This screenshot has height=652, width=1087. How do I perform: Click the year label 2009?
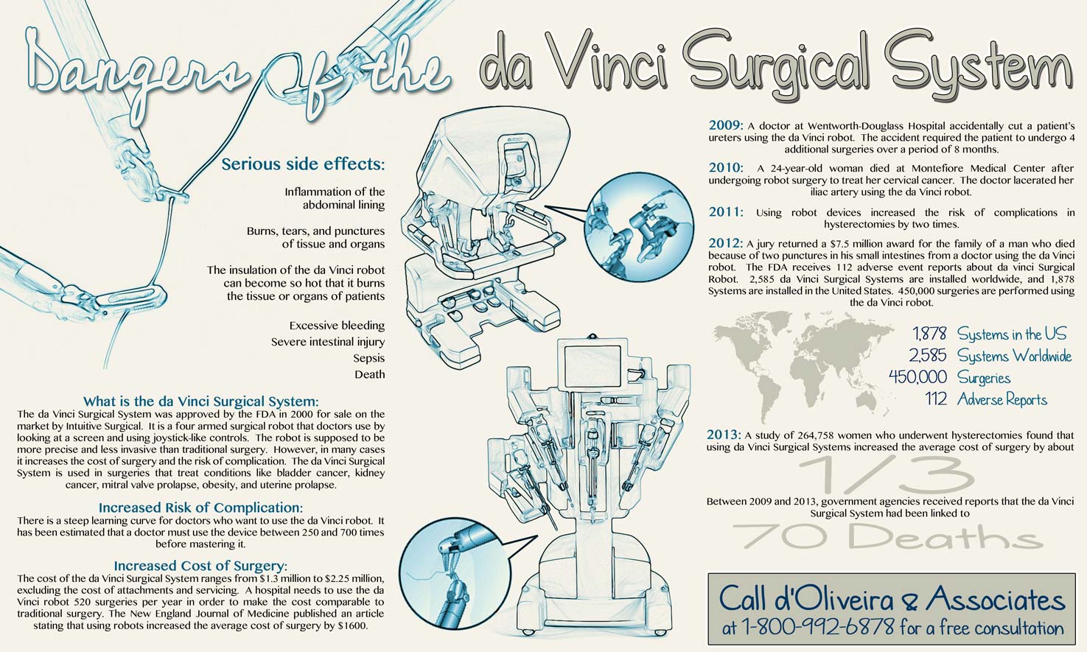tap(726, 125)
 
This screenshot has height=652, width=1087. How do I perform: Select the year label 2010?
tap(726, 168)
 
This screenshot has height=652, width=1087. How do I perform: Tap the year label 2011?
tap(726, 212)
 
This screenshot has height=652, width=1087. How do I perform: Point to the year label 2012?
tap(725, 243)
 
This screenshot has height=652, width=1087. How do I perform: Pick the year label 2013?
tap(724, 434)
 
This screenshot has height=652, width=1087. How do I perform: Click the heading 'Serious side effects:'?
tap(304, 164)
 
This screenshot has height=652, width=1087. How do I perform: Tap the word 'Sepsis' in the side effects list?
tap(368, 359)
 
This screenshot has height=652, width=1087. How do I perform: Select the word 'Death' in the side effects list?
tap(370, 374)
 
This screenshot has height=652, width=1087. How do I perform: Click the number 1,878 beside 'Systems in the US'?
tap(929, 334)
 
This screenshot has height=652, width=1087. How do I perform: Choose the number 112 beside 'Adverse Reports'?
tap(936, 399)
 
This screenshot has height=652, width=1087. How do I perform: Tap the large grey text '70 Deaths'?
tap(888, 536)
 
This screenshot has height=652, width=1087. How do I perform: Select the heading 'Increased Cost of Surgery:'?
tap(200, 566)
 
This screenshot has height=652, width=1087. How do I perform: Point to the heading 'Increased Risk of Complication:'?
tap(200, 508)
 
